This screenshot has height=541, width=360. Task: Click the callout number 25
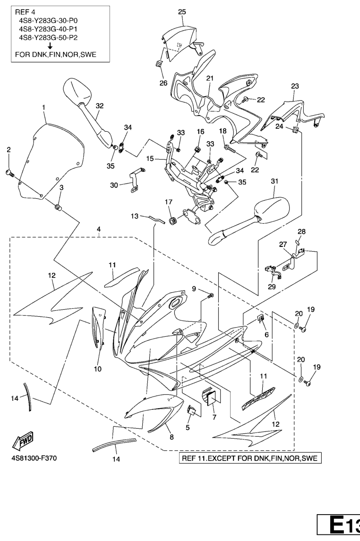[182, 12]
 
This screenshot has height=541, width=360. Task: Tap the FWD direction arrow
[23, 441]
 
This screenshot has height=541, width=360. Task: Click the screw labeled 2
[9, 173]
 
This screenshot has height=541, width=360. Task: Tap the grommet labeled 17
[171, 220]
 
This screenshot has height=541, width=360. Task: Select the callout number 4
[99, 229]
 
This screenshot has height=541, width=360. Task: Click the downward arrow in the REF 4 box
[50, 46]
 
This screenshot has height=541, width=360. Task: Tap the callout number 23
[295, 86]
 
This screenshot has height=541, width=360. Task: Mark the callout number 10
[97, 369]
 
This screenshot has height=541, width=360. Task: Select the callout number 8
[171, 437]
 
